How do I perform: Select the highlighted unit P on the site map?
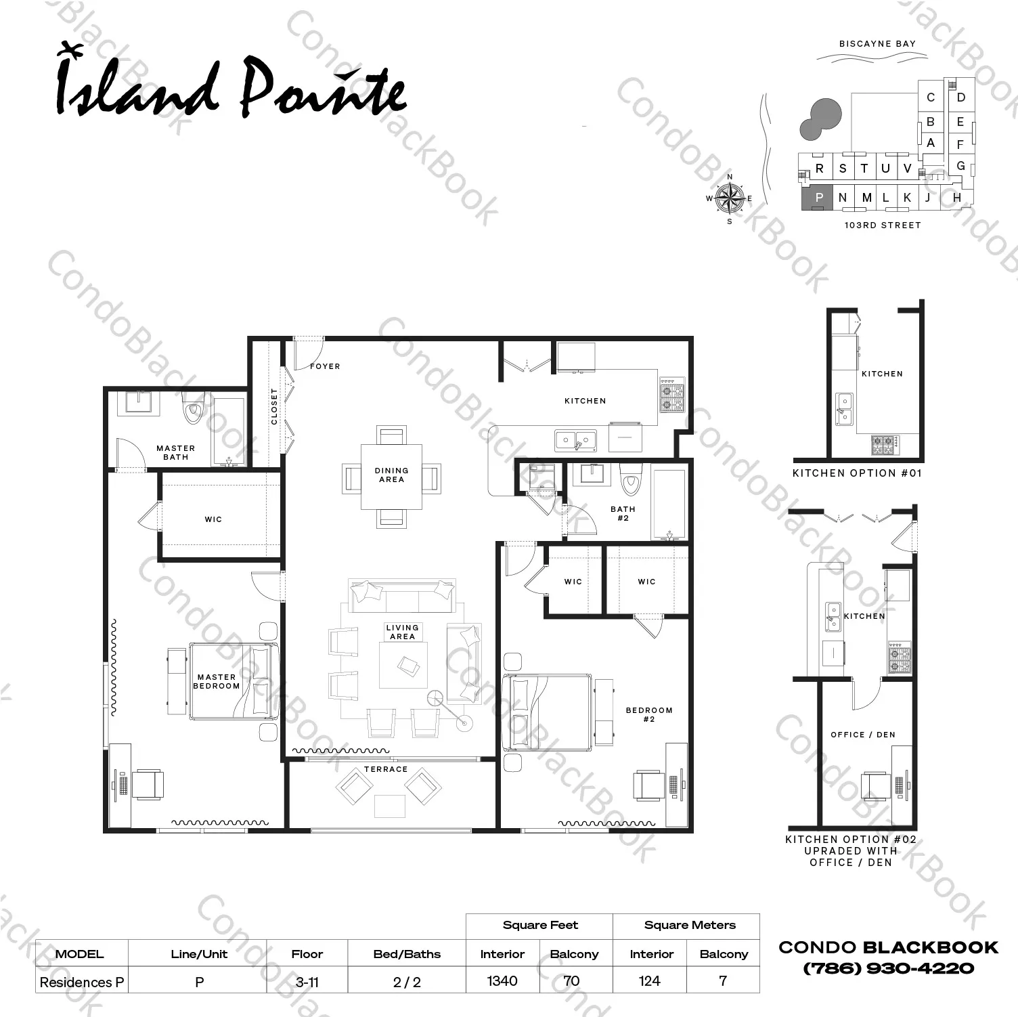[818, 197]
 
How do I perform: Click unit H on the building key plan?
[956, 198]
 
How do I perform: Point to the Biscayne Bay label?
[877, 43]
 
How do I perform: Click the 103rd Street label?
[883, 225]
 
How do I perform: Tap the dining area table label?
[391, 475]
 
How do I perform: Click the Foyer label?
[325, 366]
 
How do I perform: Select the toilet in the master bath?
[193, 407]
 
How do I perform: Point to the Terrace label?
[386, 769]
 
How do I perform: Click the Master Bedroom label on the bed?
[217, 681]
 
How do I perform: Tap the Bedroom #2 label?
[649, 714]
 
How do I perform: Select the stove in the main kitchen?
[672, 395]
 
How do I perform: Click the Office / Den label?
[863, 735]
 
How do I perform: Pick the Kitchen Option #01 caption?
[858, 473]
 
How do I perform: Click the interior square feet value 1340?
[502, 980]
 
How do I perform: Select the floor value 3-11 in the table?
[307, 982]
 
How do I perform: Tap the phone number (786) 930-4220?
[889, 968]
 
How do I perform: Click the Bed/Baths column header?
[407, 954]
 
